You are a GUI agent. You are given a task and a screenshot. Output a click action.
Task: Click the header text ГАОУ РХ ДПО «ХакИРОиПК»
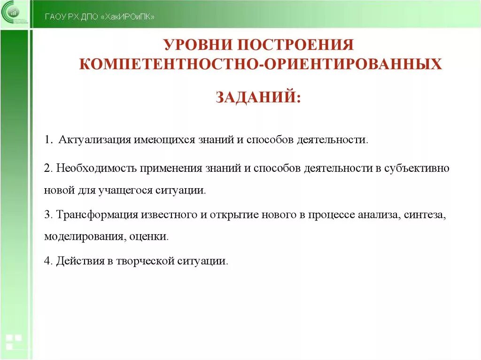click(99, 17)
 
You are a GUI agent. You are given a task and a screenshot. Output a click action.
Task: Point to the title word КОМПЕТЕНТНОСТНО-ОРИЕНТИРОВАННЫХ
click(261, 64)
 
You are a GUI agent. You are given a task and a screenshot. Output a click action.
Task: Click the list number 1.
click(47, 140)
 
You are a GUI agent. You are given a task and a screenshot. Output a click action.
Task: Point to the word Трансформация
click(97, 214)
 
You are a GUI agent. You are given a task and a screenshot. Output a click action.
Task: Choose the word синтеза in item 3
click(426, 214)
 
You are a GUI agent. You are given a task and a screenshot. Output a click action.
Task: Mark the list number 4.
click(47, 260)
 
